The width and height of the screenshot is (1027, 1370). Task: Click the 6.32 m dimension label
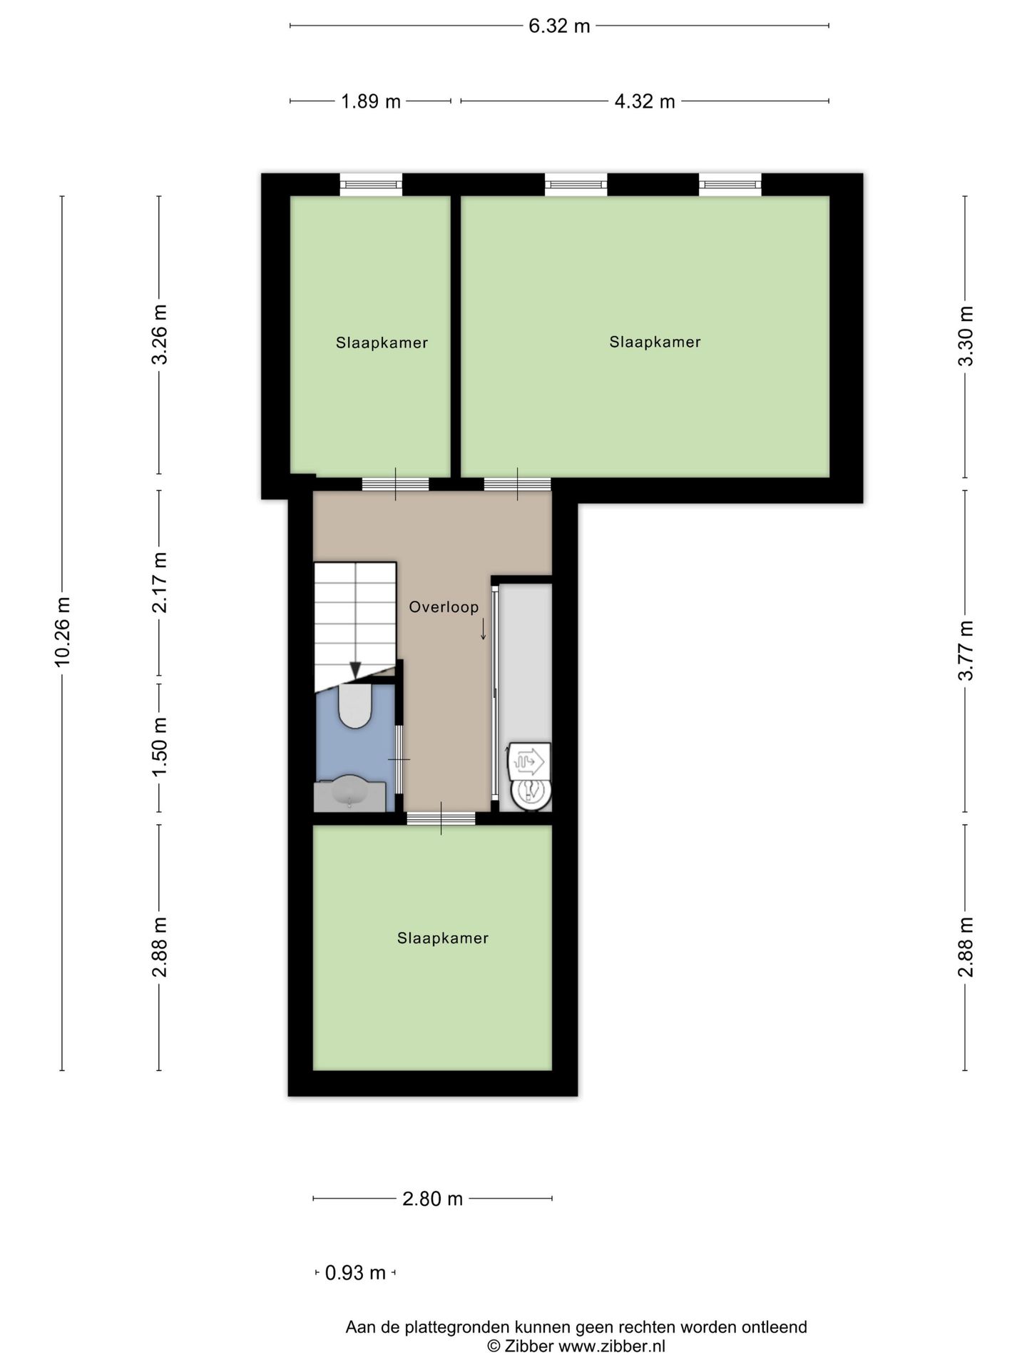559,26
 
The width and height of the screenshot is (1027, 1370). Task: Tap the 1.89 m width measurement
371,101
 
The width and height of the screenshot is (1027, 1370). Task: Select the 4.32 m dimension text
645,101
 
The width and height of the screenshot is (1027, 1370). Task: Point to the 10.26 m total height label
63,633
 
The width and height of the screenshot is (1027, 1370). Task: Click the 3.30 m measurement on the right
966,336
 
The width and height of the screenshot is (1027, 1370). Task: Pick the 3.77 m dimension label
966,651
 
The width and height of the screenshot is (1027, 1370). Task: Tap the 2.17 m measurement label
160,582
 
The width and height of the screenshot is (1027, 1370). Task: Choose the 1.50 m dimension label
160,747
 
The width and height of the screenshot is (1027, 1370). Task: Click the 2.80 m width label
433,1199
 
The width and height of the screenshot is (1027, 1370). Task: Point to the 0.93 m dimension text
355,1272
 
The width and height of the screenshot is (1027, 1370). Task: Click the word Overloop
444,607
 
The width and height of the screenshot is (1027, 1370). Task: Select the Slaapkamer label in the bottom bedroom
443,938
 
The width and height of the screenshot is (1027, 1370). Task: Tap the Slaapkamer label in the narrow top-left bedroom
382,342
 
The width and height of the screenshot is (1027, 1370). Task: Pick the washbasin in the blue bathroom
350,793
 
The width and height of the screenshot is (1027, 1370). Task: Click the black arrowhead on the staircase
355,670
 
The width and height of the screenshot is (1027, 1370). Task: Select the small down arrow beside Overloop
483,629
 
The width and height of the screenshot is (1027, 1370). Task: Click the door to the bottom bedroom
441,818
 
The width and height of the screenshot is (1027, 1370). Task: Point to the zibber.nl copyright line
576,1346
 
